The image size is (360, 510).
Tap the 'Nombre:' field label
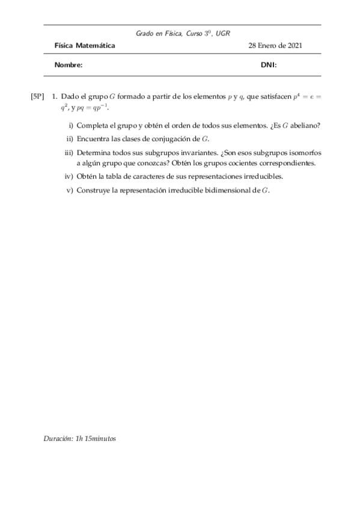69,65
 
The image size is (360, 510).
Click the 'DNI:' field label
269,65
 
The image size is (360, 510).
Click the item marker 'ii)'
70,139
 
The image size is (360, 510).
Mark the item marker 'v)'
70,190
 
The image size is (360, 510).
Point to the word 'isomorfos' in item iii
306,153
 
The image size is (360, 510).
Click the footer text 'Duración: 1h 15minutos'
79,438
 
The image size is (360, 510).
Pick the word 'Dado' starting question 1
71,96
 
